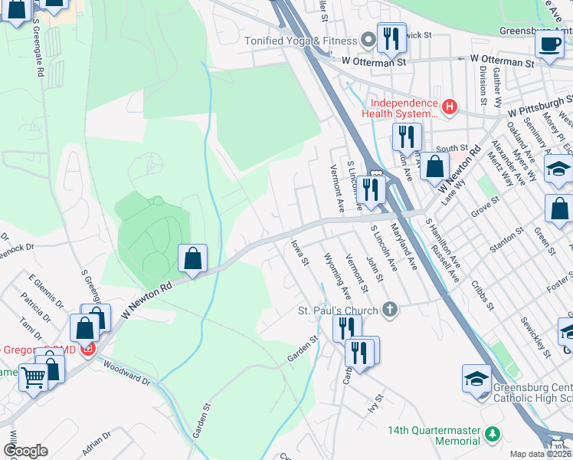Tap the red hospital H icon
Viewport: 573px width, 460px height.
450,107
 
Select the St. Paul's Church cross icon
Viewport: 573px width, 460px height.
390,310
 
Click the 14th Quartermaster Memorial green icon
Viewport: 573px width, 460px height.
492,435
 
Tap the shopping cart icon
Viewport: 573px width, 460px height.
34,377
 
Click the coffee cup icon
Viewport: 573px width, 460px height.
548,44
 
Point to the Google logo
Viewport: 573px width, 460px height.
26,451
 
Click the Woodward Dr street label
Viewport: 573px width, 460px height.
124,373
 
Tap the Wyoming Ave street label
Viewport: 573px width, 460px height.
337,275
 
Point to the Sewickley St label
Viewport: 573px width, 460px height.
535,337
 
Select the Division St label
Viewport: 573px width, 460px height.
483,85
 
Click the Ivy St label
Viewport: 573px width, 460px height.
375,400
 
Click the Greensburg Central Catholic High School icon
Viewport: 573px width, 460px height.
476,379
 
